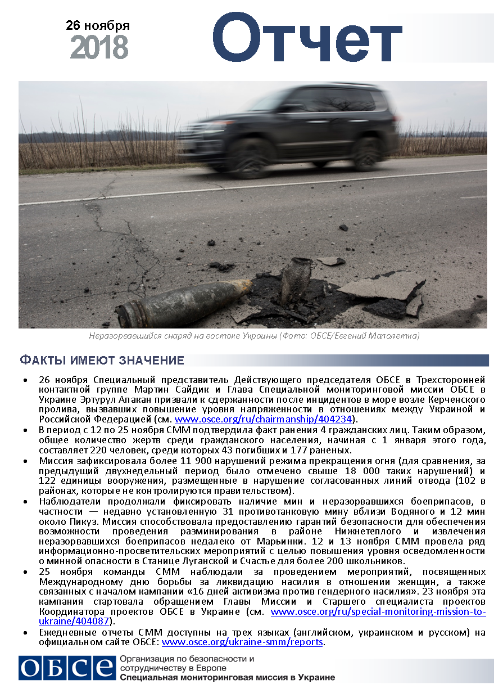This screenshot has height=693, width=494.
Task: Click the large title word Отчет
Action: tap(306, 39)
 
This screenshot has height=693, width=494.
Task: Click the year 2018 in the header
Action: tap(99, 48)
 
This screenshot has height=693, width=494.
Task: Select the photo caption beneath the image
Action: tap(255, 336)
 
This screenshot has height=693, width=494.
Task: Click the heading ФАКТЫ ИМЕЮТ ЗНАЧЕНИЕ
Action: tap(102, 361)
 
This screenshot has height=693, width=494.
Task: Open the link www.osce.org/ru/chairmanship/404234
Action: tap(264, 420)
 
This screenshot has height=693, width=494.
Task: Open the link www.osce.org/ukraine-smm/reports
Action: tap(242, 642)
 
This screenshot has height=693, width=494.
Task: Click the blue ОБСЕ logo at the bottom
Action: tap(66, 668)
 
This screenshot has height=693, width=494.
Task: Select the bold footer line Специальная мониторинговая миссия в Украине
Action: tap(227, 677)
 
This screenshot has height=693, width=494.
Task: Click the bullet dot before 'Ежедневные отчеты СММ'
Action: tap(25, 632)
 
